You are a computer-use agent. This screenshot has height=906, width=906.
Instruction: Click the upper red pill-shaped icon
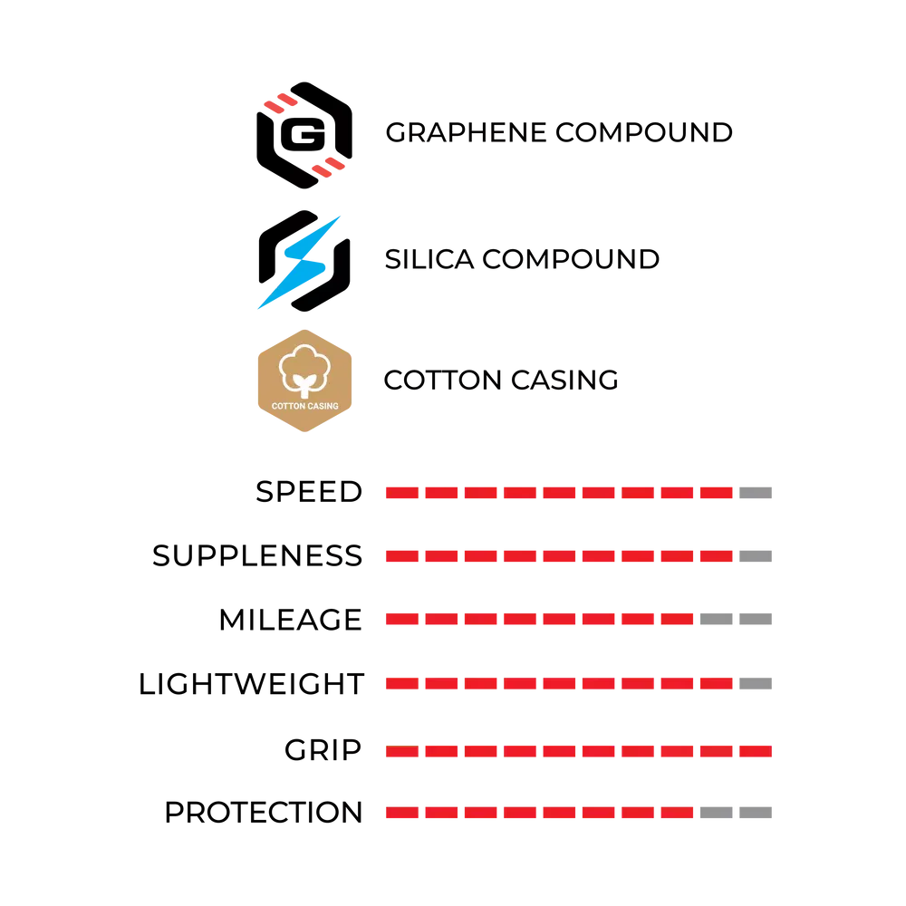(282, 102)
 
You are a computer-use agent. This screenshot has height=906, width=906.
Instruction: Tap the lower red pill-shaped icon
(329, 167)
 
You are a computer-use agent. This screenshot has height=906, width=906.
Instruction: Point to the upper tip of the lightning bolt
(342, 216)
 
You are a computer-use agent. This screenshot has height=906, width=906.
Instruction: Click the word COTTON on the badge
(287, 406)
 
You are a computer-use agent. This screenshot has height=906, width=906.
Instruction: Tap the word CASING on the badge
(323, 406)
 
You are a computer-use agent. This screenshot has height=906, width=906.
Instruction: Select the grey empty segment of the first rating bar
(757, 493)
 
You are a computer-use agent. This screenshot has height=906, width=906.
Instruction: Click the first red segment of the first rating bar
(402, 493)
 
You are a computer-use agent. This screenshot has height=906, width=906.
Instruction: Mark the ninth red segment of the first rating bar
(716, 493)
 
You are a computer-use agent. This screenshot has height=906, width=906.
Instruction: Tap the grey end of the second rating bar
(757, 555)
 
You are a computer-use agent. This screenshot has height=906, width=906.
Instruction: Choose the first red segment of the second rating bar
(402, 555)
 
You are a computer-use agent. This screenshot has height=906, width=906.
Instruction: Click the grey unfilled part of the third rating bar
(735, 620)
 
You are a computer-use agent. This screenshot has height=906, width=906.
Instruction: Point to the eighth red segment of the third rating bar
(676, 620)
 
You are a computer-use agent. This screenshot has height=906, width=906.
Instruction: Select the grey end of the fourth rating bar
(757, 685)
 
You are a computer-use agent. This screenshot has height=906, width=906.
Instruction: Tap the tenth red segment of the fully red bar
(756, 751)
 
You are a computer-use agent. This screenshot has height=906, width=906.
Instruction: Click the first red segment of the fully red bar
(402, 751)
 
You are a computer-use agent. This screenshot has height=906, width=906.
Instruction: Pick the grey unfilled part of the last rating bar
(735, 814)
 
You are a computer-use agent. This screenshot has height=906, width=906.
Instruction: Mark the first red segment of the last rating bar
(402, 814)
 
